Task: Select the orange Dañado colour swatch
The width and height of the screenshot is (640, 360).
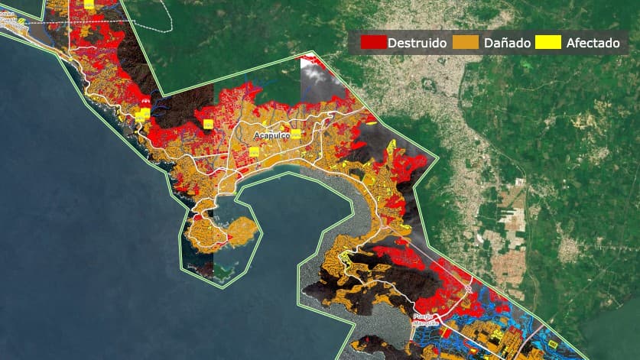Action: [466, 43]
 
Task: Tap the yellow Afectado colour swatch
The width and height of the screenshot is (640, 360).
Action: [548, 43]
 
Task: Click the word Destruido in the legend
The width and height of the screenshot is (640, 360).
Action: [417, 43]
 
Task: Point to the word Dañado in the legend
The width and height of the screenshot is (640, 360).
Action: [507, 43]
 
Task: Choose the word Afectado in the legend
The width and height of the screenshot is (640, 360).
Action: [593, 43]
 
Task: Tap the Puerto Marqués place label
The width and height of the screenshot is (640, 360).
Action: [424, 319]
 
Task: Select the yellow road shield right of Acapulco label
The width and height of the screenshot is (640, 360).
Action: [294, 135]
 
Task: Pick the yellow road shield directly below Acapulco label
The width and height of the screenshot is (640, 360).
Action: [253, 151]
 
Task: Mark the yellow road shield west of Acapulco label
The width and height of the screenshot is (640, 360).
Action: [207, 122]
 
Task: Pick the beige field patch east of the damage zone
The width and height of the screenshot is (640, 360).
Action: [508, 264]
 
